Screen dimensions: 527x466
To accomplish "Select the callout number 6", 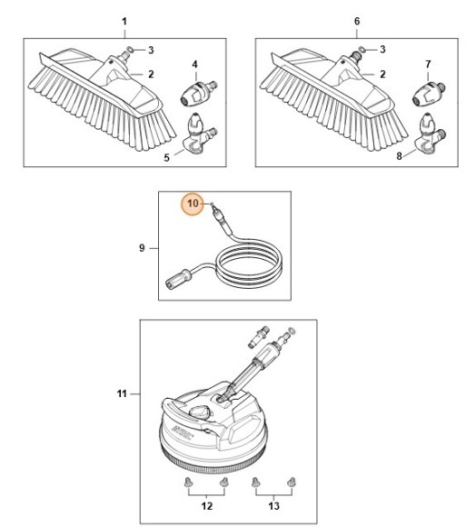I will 356,20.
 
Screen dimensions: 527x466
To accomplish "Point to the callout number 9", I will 143,247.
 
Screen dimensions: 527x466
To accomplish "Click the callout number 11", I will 122,393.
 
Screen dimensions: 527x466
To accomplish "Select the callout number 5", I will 166,158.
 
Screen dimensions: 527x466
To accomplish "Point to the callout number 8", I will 399,158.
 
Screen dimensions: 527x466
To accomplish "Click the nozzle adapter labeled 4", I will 199,91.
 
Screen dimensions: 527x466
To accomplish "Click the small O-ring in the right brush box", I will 362,47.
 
